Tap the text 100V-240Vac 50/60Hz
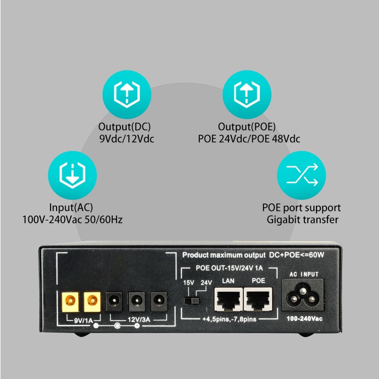72,220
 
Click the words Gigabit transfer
302,219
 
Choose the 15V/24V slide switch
191,300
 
